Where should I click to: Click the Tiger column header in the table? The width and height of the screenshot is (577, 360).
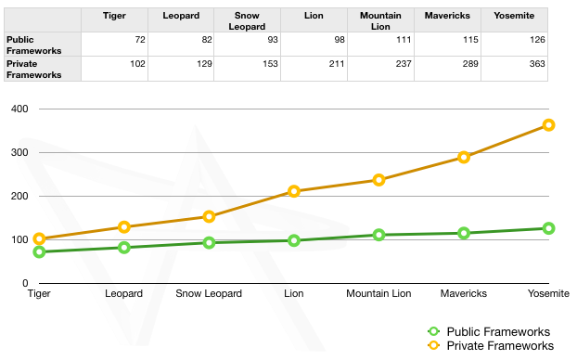point(114,16)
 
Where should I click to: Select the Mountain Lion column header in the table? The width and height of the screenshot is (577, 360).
point(380,20)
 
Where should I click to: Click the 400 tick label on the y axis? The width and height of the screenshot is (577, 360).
point(19,109)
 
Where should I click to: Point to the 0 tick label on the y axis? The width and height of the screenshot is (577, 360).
point(25,283)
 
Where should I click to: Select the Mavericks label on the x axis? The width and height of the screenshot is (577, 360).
point(463,294)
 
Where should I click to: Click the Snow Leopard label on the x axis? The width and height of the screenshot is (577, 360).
point(209,294)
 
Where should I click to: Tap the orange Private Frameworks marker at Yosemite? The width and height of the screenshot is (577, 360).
point(548,124)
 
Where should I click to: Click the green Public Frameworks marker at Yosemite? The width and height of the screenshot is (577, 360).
point(548,228)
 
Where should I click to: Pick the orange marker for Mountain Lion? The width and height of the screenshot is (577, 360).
point(378,180)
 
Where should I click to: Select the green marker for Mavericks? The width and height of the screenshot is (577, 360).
point(464,233)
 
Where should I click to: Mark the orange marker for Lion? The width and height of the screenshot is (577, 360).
point(294,191)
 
